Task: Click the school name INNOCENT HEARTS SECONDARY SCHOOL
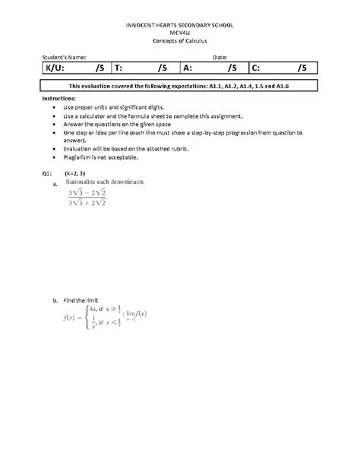point(179,25)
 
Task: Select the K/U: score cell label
point(53,68)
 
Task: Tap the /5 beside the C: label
point(302,68)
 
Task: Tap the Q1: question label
point(48,174)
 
